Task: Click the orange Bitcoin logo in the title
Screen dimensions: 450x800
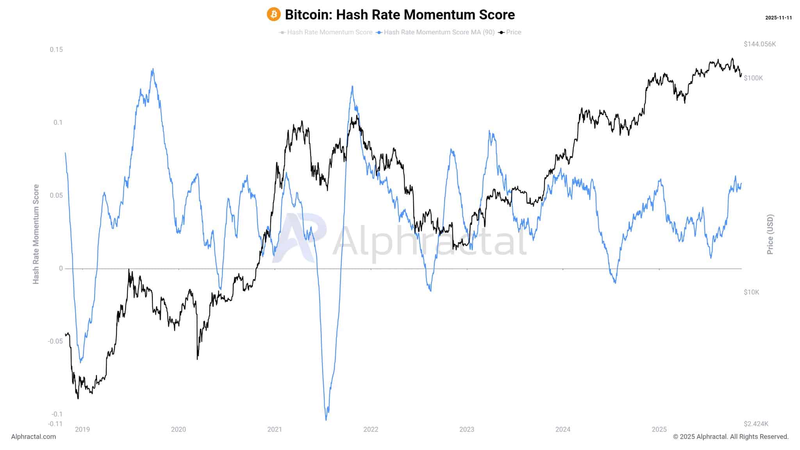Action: pos(273,14)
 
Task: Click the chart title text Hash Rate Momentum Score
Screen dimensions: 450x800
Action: pos(400,15)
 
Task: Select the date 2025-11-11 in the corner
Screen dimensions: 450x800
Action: pos(778,18)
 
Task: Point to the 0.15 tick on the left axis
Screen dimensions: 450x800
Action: pos(56,50)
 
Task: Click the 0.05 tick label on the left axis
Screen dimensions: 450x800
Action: pos(56,195)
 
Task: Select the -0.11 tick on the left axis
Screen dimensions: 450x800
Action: pos(55,424)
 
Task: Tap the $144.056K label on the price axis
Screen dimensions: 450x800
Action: pos(759,44)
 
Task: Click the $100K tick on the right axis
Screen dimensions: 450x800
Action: pos(753,78)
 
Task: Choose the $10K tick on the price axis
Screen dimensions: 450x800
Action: pos(751,292)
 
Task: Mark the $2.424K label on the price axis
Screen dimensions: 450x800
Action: pos(756,424)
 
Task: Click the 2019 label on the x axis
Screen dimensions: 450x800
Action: pos(82,430)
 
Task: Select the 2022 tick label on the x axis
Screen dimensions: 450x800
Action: pos(371,430)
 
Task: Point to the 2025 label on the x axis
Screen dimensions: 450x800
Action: pos(659,430)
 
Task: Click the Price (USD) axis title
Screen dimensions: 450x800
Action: pos(770,234)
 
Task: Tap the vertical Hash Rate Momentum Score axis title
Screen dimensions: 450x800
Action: pos(36,234)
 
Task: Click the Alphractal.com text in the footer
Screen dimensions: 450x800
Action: pos(34,437)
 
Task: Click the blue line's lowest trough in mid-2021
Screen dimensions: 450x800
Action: pos(326,420)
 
